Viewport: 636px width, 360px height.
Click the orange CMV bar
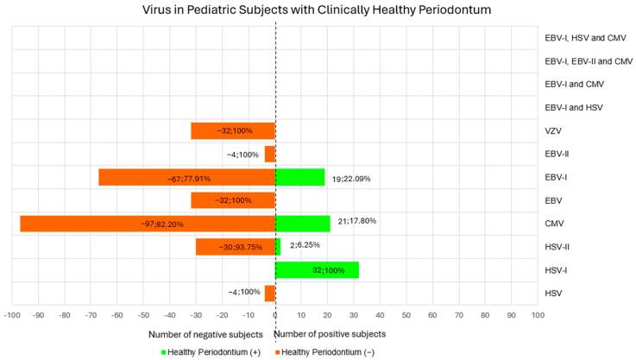147,224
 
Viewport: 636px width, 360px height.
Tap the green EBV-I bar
299,177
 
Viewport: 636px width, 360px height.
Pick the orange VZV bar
233,131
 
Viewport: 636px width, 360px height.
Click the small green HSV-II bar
278,247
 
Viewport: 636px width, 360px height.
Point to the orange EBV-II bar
269,155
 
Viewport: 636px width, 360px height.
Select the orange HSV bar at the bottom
269,294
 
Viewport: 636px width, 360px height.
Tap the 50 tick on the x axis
406,317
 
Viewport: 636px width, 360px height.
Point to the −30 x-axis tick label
196,317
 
